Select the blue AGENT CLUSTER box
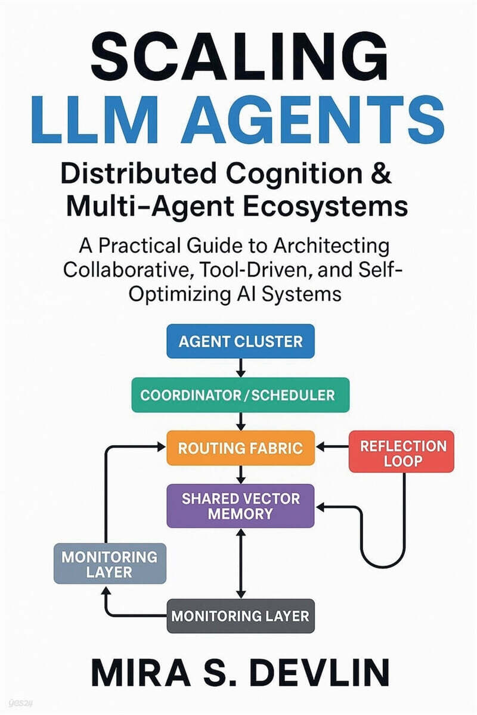pos(240,341)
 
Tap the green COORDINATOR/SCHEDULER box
pos(240,394)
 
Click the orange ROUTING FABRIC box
pos(240,447)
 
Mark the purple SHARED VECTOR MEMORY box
pos(240,505)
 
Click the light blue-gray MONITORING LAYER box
pos(109,563)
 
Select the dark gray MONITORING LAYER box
pos(240,615)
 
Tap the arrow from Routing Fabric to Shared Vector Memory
pos(240,474)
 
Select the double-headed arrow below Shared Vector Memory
pos(240,563)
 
